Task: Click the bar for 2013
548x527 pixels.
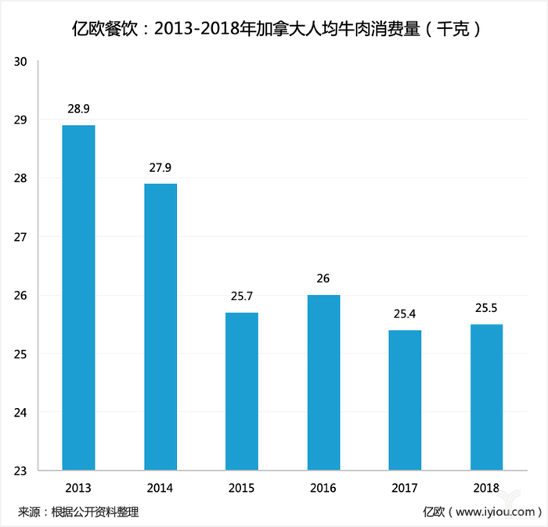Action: click(79, 298)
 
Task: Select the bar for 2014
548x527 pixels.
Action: click(160, 327)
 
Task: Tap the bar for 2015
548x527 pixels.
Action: click(242, 391)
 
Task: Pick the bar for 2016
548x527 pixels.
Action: click(323, 382)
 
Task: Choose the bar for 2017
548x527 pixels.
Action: click(405, 400)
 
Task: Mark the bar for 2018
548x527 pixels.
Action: click(486, 397)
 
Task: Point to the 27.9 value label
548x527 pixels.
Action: click(160, 167)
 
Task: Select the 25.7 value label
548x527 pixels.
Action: click(242, 296)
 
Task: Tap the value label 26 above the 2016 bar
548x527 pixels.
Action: click(323, 279)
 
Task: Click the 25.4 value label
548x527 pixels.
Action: click(405, 314)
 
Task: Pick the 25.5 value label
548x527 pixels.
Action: click(486, 308)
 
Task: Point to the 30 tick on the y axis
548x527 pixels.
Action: click(20, 61)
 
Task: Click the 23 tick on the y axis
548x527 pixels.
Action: click(20, 471)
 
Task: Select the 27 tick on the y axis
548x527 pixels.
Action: click(20, 237)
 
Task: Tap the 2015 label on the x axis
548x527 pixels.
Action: click(242, 488)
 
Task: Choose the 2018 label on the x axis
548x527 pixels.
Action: click(486, 488)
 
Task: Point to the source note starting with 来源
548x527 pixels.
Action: click(78, 512)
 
